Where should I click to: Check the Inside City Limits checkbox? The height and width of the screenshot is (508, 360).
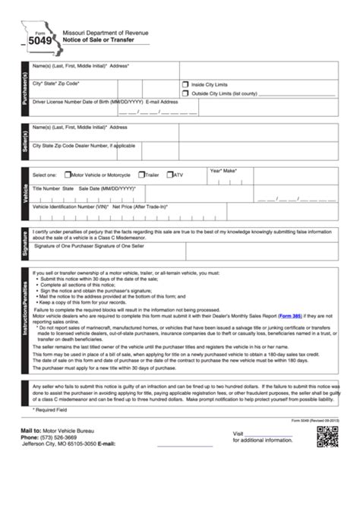(x=185, y=85)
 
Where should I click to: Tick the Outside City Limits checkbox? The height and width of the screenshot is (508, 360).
(x=185, y=93)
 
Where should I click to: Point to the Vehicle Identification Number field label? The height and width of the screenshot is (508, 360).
(x=69, y=206)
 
